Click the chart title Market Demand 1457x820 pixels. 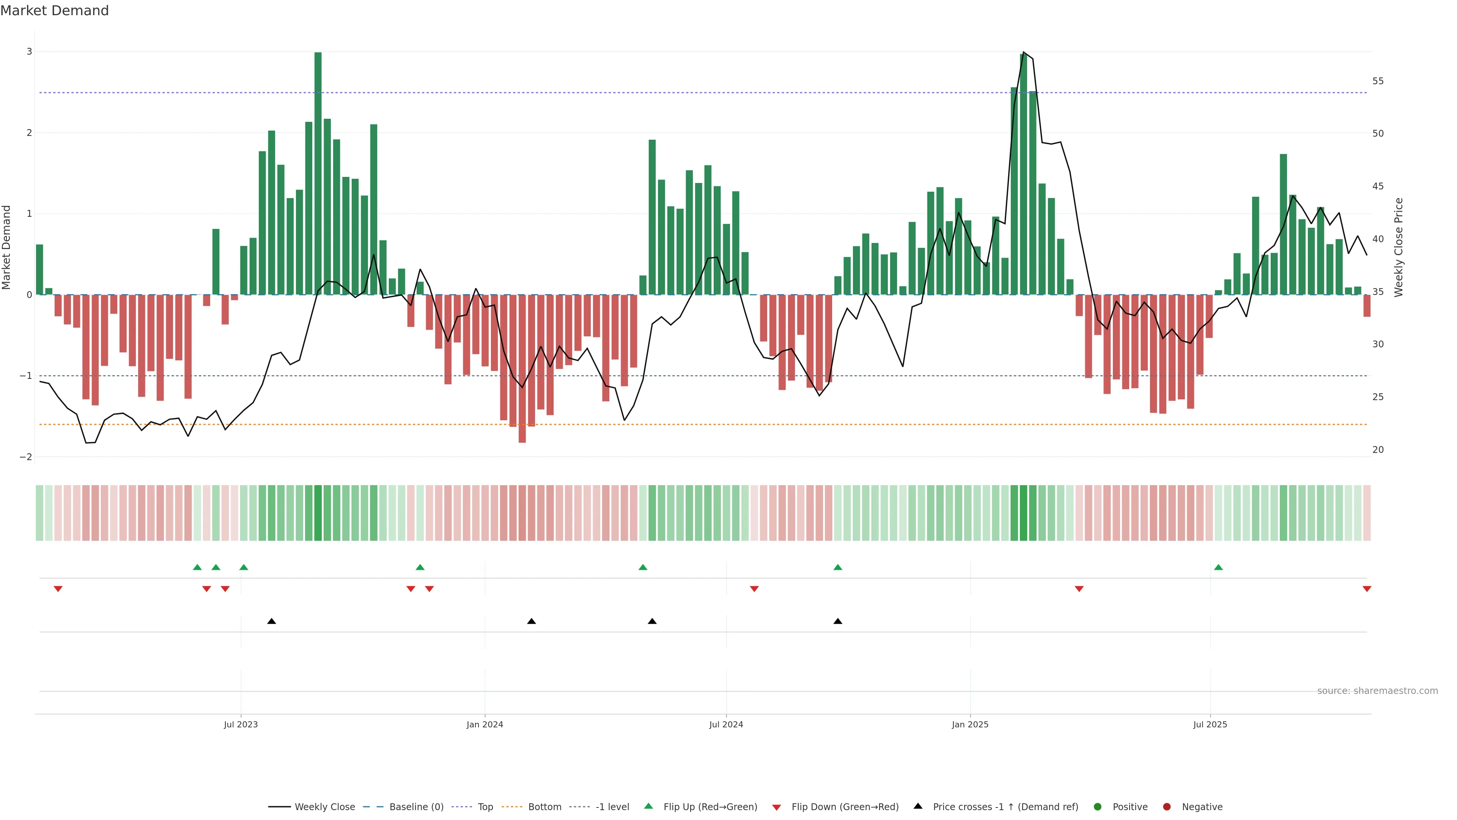click(54, 11)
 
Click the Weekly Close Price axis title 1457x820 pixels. click(1398, 247)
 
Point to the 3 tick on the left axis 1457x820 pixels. click(30, 52)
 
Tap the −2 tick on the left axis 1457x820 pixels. click(26, 457)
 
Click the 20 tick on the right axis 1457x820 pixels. click(1378, 450)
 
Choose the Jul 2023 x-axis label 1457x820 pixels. click(241, 724)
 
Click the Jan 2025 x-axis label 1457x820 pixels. click(970, 724)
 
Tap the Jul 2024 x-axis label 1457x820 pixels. click(726, 724)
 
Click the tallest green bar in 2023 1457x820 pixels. click(318, 170)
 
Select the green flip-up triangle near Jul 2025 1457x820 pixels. click(1218, 567)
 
